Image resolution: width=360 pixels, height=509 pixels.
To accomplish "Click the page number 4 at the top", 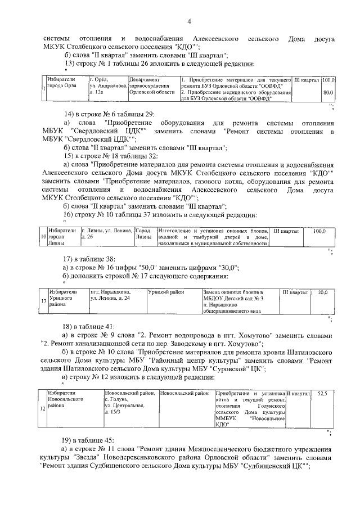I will click(x=190, y=22).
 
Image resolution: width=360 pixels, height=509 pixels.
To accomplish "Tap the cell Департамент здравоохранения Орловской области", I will click(x=153, y=85).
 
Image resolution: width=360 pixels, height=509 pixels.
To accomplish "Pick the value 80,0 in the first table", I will click(x=328, y=92).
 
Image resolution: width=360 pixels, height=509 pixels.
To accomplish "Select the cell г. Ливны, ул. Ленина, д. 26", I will click(x=107, y=234).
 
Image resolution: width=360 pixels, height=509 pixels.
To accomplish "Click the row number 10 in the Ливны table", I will click(x=43, y=237).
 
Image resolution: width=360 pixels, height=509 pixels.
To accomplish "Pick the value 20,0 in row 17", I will click(x=322, y=293).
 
